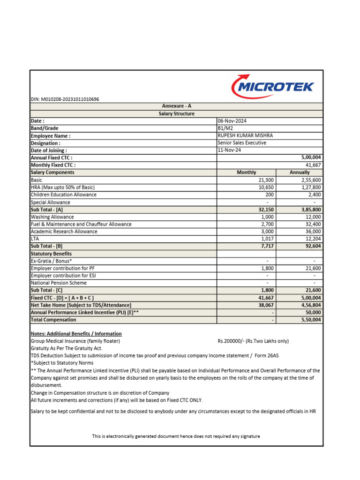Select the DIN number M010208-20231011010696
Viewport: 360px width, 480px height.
65,99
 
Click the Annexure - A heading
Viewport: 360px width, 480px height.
176,106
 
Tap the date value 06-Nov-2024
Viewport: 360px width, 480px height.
232,121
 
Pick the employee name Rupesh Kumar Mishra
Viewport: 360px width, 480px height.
245,135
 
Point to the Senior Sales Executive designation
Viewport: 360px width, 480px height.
242,143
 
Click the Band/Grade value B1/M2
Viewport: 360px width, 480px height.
225,128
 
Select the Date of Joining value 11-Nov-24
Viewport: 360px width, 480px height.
228,150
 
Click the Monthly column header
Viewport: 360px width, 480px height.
247,172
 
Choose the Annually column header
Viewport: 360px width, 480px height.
300,172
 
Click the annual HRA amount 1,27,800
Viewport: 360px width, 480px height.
309,187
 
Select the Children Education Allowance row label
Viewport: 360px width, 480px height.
64,195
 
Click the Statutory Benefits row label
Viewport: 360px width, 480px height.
51,254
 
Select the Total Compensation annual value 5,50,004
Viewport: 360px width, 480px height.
309,320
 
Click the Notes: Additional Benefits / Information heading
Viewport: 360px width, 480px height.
76,334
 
